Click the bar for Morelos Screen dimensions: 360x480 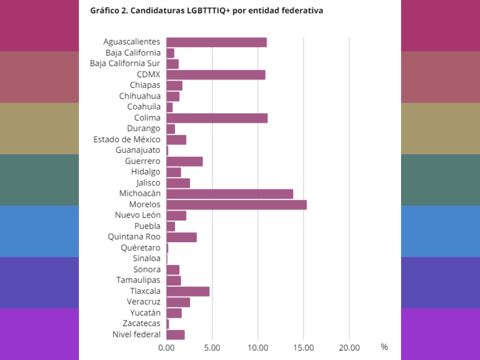[x=236, y=205]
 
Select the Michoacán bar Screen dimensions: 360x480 [x=230, y=194]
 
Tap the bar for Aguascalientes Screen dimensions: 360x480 [x=217, y=42]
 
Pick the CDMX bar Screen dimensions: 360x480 [x=216, y=75]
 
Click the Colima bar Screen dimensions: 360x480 [x=217, y=118]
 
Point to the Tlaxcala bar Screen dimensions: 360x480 [x=188, y=291]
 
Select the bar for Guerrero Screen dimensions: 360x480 [x=184, y=161]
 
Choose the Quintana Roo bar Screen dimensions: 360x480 [x=181, y=237]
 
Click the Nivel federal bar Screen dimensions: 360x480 [x=175, y=334]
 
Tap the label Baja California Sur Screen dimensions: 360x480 [x=125, y=64]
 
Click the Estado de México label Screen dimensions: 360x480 [x=127, y=139]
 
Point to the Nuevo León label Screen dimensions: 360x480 [x=138, y=215]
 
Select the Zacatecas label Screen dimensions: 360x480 [x=141, y=323]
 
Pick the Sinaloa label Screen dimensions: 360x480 [x=146, y=258]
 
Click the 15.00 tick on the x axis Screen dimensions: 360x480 [x=303, y=348]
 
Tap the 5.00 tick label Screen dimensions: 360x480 [x=212, y=348]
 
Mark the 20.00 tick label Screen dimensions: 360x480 [x=349, y=348]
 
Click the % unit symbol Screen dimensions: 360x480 [x=384, y=347]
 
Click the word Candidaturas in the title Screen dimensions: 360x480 [x=157, y=11]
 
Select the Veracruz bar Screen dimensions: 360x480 [x=178, y=302]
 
